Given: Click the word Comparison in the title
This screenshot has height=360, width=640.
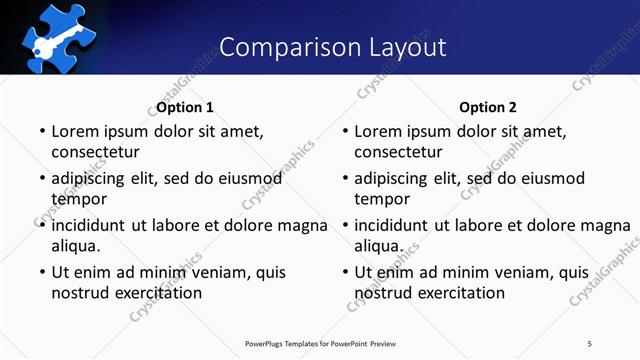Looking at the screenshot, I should (284, 47).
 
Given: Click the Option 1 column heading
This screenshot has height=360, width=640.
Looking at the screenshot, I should (185, 107).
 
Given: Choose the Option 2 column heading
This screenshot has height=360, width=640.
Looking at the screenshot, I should (488, 107).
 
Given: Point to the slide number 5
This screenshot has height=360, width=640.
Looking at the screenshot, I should (590, 344).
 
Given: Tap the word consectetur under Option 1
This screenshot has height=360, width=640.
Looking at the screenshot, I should (95, 152).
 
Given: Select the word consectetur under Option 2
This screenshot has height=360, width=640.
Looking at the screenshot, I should (398, 152).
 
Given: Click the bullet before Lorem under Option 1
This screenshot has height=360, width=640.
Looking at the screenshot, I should (41, 131).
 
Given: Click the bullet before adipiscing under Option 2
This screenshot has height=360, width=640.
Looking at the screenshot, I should (344, 178).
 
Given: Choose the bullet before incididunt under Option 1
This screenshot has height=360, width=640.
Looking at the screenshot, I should (41, 225).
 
